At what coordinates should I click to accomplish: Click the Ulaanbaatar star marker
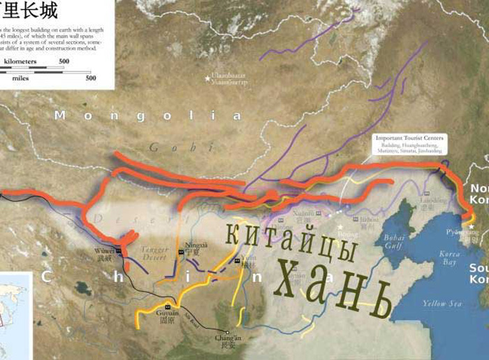tap(207, 78)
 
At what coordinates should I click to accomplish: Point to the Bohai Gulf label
tap(394, 242)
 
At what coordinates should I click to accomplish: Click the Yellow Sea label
tap(442, 303)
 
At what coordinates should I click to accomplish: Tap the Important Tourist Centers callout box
tap(409, 143)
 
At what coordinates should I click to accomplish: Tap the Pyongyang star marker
tap(472, 226)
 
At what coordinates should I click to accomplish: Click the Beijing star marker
tap(341, 226)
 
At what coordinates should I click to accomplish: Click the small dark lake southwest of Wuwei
tap(83, 287)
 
